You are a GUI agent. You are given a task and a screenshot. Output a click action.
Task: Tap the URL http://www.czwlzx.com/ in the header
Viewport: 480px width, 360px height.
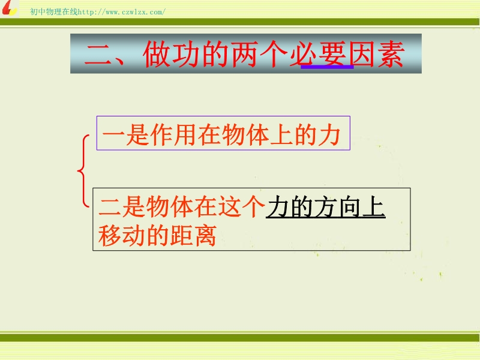(x=122, y=12)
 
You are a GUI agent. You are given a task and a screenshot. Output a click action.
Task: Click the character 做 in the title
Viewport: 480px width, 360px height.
(x=156, y=54)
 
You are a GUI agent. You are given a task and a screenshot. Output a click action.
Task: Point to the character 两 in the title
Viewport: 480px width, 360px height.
(x=244, y=54)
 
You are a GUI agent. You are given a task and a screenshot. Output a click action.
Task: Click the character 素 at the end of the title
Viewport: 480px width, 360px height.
(x=391, y=54)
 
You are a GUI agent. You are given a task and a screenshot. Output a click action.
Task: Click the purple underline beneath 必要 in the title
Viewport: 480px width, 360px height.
(x=327, y=67)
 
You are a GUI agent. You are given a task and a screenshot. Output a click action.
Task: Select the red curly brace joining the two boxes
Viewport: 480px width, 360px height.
(x=80, y=171)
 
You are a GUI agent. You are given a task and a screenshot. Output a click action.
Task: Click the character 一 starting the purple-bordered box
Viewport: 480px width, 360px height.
(x=113, y=135)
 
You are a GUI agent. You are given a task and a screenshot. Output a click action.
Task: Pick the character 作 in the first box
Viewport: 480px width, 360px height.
(x=161, y=135)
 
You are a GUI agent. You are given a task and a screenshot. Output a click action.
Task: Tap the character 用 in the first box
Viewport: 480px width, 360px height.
(x=185, y=135)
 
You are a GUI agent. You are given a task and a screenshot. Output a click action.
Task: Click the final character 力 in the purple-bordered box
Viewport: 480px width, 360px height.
(x=329, y=135)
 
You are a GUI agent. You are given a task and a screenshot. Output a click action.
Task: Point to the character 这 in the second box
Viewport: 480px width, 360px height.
(x=229, y=206)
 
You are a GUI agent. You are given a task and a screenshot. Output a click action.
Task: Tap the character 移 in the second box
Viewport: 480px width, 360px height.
(x=110, y=235)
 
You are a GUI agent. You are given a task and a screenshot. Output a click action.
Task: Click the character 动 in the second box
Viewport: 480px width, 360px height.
(x=134, y=235)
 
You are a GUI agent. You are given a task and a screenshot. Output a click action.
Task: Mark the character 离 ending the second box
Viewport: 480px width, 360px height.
(x=206, y=235)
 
